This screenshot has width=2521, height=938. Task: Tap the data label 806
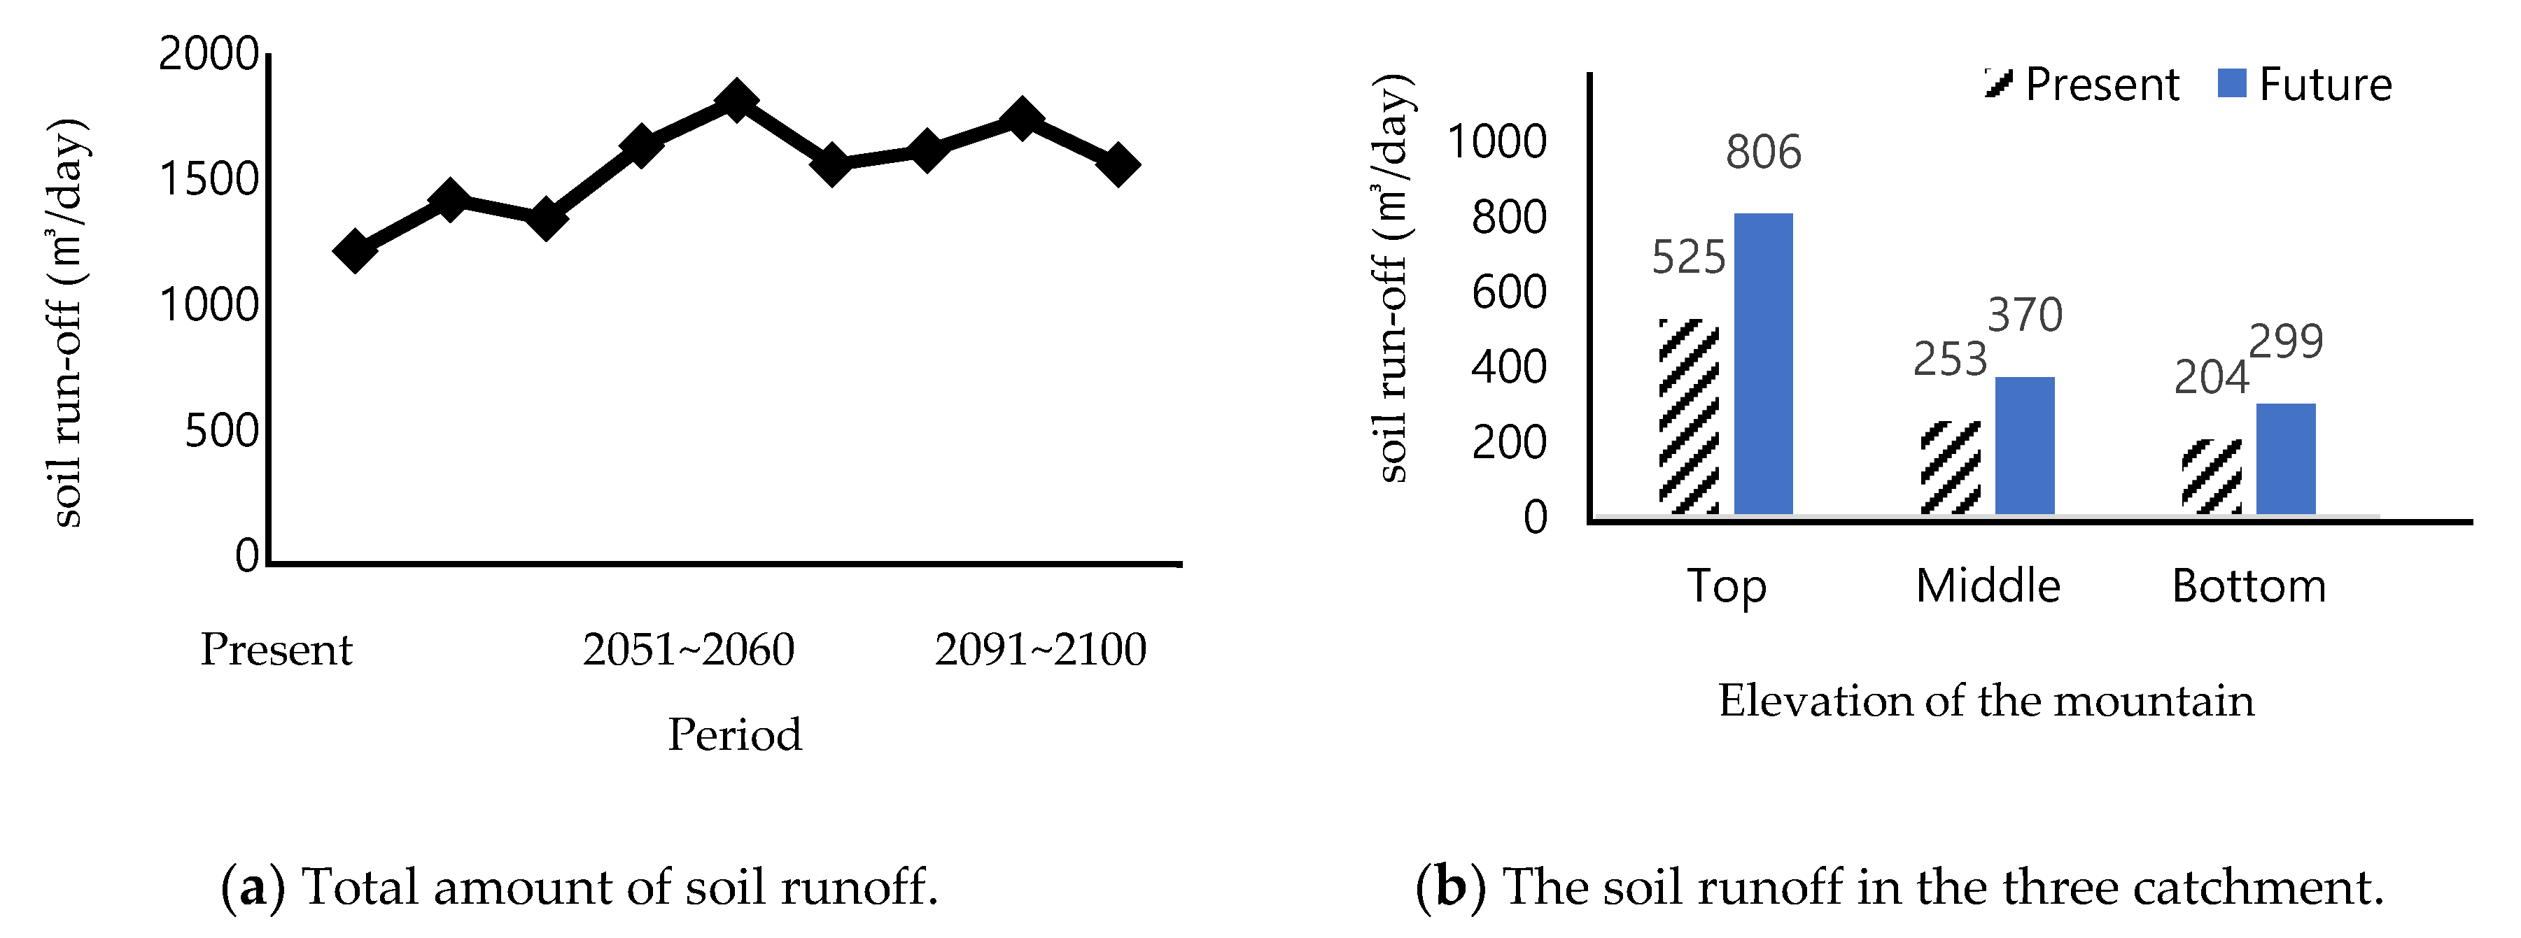click(1762, 152)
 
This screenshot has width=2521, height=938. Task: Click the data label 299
click(2285, 341)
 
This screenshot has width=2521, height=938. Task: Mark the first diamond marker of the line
click(354, 250)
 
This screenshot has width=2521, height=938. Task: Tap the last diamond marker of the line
click(1116, 164)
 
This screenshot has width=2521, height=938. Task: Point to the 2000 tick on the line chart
click(209, 54)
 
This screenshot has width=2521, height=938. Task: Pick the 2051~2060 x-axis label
click(688, 649)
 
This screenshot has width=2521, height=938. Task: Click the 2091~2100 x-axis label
click(1039, 649)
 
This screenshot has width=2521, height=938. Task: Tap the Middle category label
click(1988, 586)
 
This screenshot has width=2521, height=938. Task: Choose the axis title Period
click(734, 734)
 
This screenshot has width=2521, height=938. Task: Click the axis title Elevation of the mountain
click(1986, 700)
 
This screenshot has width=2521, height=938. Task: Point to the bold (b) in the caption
click(1449, 887)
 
